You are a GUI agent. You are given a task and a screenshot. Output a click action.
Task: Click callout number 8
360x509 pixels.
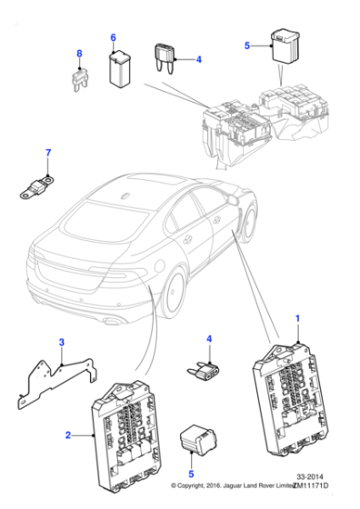[x=78, y=55]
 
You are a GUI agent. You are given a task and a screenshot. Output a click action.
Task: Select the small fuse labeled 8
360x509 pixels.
[x=78, y=81]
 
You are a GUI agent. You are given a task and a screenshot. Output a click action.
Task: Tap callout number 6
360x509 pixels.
[x=114, y=37]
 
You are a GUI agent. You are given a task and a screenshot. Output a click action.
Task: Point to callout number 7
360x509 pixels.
[x=50, y=152]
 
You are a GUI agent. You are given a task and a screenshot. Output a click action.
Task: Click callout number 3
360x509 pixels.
[x=61, y=342]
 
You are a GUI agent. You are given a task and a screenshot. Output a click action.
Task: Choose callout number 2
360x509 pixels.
[x=68, y=436]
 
